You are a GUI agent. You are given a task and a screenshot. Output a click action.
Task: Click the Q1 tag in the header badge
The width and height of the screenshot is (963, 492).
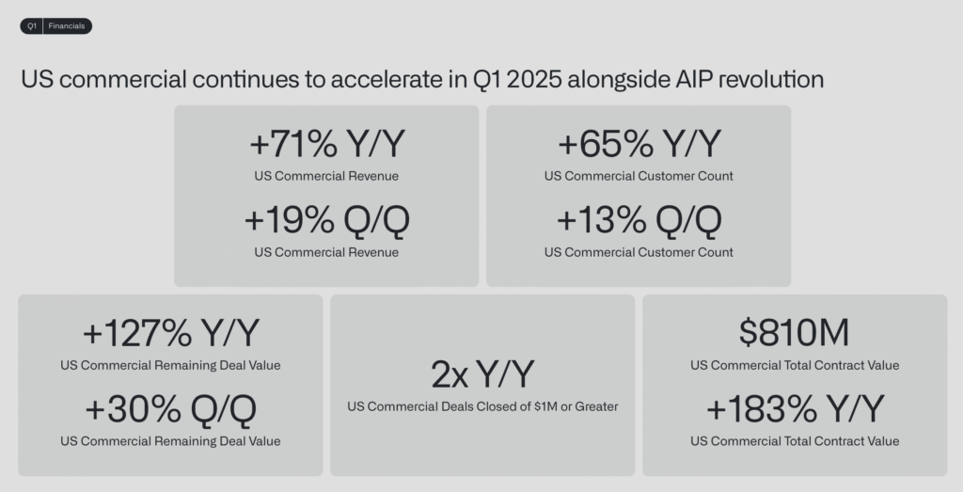tap(32, 26)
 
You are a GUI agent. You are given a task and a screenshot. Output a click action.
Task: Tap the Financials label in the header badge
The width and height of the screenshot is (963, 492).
tap(67, 26)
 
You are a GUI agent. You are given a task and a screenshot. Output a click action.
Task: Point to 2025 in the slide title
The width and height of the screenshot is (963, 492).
tap(534, 80)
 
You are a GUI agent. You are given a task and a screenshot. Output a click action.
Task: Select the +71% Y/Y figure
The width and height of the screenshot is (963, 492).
tap(327, 144)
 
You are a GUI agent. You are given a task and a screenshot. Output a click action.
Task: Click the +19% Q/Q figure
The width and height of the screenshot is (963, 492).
tap(327, 220)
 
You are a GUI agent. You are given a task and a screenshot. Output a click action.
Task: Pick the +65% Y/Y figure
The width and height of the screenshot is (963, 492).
tap(639, 144)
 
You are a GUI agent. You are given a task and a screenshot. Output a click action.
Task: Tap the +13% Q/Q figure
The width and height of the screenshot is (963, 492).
tap(639, 220)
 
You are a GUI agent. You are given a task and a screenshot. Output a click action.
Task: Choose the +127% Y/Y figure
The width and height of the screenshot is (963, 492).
tap(171, 333)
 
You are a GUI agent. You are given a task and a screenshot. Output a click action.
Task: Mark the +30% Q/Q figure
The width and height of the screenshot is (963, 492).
tap(171, 409)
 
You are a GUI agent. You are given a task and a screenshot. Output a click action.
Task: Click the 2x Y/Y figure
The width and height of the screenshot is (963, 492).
tap(482, 374)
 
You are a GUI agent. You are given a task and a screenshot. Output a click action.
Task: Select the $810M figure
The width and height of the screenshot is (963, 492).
tap(794, 332)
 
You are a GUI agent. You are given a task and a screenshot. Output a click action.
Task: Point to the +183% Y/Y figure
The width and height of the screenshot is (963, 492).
tap(796, 409)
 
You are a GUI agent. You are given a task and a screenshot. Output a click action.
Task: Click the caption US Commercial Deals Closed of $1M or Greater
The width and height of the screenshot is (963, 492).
tap(482, 406)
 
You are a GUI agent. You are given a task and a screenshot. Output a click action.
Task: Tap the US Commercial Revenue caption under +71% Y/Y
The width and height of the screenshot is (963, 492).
tap(326, 176)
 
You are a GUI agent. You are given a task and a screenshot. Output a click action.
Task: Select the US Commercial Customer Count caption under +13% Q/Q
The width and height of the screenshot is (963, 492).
tap(639, 252)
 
